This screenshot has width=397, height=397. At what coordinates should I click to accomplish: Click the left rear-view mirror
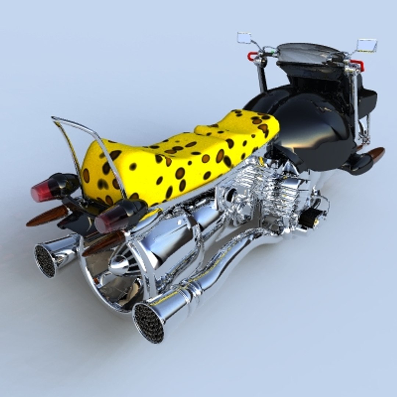click(244, 37)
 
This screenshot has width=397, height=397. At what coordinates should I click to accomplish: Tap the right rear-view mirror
click(366, 45)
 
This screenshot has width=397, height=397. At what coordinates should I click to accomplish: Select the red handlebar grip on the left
click(252, 56)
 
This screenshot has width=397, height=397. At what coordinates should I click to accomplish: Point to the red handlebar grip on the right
click(358, 65)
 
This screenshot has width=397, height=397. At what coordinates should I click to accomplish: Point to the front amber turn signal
click(376, 154)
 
